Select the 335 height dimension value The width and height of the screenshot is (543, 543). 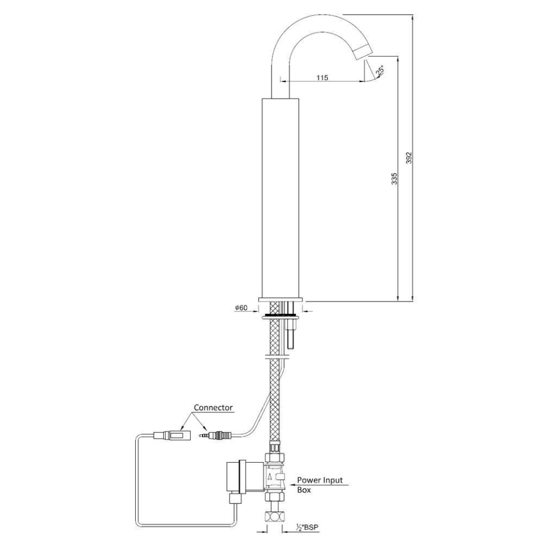click(x=395, y=178)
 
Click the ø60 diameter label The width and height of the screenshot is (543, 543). click(x=240, y=308)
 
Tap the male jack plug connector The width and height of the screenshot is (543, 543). click(x=214, y=436)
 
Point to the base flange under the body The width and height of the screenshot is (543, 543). click(x=281, y=299)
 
